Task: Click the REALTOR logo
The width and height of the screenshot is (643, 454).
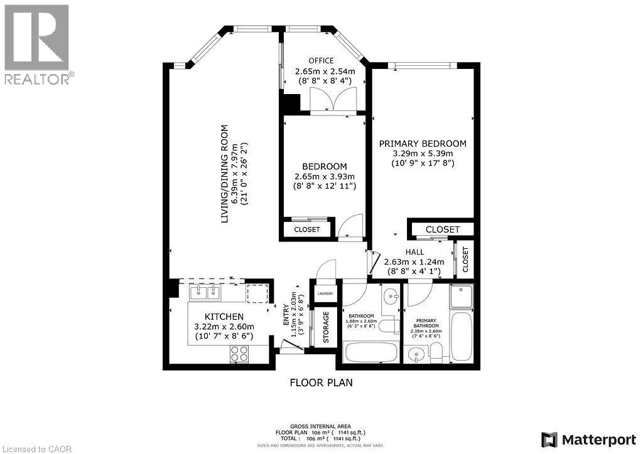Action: click(x=36, y=44)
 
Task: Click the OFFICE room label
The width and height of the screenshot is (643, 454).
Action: click(x=325, y=61)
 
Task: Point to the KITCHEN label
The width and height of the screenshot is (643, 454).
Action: click(x=224, y=317)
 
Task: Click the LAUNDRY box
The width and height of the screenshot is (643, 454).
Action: click(x=325, y=293)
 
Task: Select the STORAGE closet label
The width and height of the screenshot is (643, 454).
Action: click(x=326, y=327)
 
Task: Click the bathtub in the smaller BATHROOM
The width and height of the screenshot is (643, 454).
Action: click(x=370, y=352)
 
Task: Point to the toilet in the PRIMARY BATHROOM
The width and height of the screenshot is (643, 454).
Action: click(x=435, y=354)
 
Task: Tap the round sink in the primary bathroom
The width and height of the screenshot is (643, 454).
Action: click(x=414, y=356)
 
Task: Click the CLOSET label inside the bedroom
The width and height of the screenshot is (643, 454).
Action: click(x=307, y=230)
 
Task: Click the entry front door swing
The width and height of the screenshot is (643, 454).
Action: click(x=291, y=345)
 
